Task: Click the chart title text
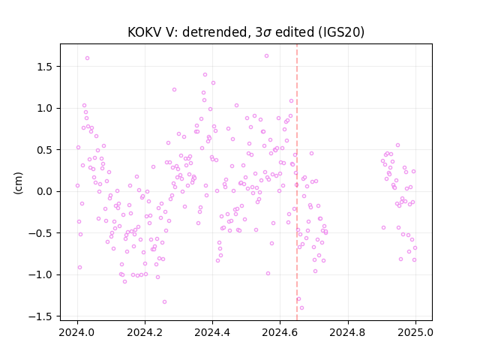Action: [246, 32]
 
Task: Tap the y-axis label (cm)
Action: [18, 183]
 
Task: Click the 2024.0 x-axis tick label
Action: [77, 332]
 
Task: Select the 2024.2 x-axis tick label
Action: [145, 332]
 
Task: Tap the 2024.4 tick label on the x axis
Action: [212, 332]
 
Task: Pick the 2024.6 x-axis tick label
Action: [280, 332]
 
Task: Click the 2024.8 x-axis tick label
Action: [348, 332]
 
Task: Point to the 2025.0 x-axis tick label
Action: [415, 332]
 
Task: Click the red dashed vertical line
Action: [297, 182]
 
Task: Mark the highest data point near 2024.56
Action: [267, 56]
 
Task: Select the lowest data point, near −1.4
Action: [301, 308]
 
